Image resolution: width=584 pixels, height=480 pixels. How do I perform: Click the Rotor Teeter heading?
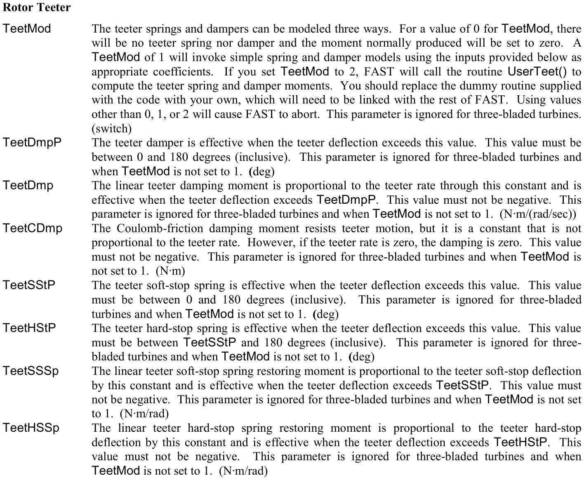[36, 7]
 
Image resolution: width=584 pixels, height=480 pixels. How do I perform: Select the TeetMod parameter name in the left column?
[27, 29]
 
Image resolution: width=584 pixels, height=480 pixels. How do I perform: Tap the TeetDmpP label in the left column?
[32, 143]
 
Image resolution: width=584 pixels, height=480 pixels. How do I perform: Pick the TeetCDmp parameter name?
[33, 228]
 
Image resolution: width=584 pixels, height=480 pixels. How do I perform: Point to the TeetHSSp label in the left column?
[31, 428]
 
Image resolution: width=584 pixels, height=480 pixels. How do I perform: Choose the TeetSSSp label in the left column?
[31, 371]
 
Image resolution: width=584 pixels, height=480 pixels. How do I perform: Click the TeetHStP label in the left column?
[29, 328]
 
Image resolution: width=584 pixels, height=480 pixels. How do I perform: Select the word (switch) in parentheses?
[111, 129]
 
